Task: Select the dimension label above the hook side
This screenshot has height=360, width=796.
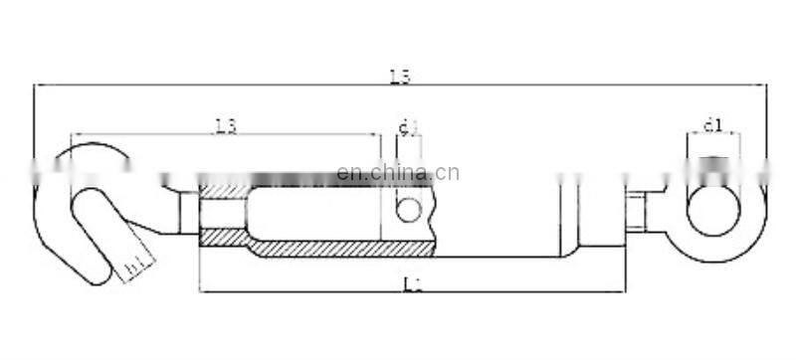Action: (x=226, y=125)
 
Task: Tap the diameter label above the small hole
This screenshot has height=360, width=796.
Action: (x=407, y=126)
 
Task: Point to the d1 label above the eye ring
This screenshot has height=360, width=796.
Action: (x=712, y=125)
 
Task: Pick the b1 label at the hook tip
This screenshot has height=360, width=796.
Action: (x=133, y=267)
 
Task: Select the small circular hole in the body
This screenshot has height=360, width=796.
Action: (x=408, y=209)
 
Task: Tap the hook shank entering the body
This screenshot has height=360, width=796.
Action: (x=187, y=212)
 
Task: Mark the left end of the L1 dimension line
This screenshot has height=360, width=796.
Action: (x=200, y=291)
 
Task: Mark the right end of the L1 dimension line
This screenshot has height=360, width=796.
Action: (x=626, y=291)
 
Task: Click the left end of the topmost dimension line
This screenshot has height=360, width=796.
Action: (x=35, y=86)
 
